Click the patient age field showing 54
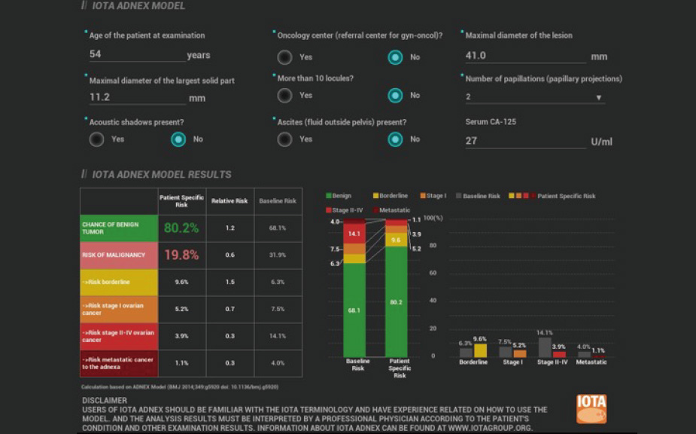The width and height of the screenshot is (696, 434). click(135, 55)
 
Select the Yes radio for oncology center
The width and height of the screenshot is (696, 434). click(284, 57)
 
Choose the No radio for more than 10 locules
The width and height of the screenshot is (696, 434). click(395, 96)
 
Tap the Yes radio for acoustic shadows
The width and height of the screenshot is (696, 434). click(96, 139)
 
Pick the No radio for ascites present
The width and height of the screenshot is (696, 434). click(395, 139)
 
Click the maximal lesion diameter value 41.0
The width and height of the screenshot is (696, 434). click(524, 56)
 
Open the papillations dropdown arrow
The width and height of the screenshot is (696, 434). click(599, 97)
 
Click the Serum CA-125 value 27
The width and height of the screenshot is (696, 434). click(524, 141)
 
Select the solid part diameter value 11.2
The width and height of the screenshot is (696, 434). click(135, 98)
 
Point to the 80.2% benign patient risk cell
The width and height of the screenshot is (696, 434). click(181, 228)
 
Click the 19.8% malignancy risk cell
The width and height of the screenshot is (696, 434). click(181, 255)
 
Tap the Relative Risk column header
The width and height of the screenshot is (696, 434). click(229, 201)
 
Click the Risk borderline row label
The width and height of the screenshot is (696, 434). click(119, 282)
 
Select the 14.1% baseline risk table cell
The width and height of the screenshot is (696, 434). click(278, 336)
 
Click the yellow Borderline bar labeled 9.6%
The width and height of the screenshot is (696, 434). click(480, 350)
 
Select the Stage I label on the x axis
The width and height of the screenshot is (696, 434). click(513, 362)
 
